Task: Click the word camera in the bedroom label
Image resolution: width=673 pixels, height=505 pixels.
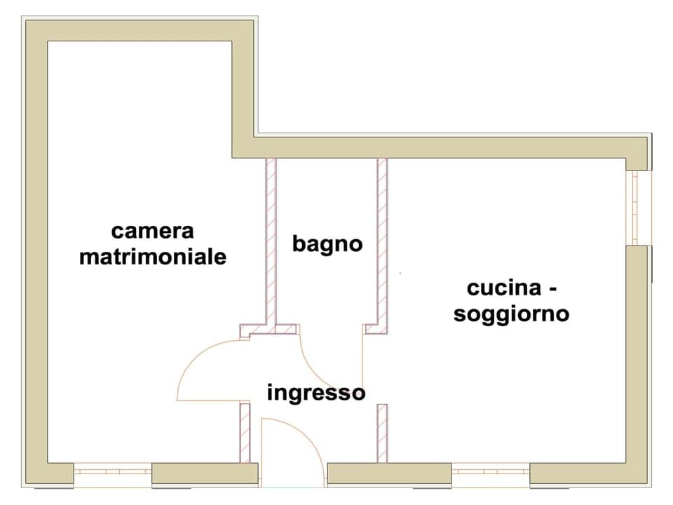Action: pyautogui.click(x=152, y=231)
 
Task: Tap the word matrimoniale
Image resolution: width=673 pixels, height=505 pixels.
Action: pyautogui.click(x=153, y=257)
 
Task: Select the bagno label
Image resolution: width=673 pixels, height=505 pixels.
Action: pyautogui.click(x=327, y=244)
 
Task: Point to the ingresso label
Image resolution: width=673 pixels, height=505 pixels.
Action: pyautogui.click(x=315, y=393)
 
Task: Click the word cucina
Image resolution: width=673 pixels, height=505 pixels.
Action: pyautogui.click(x=504, y=288)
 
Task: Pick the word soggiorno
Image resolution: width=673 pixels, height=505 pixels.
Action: pyautogui.click(x=511, y=314)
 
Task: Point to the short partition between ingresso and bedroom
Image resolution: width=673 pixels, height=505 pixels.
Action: pyautogui.click(x=245, y=432)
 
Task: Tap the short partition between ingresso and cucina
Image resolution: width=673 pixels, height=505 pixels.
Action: pyautogui.click(x=382, y=432)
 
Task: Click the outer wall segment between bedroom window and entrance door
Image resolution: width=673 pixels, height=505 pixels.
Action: pyautogui.click(x=205, y=474)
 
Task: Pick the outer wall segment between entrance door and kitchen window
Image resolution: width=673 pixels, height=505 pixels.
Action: pyautogui.click(x=389, y=474)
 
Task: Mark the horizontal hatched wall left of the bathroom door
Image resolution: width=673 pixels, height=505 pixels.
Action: pyautogui.click(x=269, y=330)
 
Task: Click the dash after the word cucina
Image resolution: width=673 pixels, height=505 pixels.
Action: pyautogui.click(x=552, y=289)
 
